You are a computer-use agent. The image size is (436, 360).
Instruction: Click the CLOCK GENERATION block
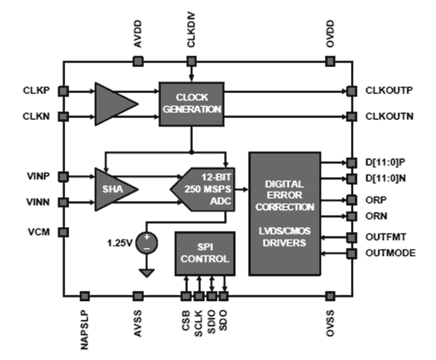pyautogui.click(x=191, y=104)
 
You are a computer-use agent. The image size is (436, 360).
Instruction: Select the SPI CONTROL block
pyautogui.click(x=205, y=254)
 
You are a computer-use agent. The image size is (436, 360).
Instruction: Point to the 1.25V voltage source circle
pyautogui.click(x=146, y=243)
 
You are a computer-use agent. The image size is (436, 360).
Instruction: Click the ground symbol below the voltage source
pyautogui.click(x=147, y=273)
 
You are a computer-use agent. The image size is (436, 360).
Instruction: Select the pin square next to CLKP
pyautogui.click(x=63, y=91)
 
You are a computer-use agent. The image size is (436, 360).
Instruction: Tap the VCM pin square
pyautogui.click(x=63, y=232)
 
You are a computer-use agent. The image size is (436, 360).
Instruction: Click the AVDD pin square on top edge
pyautogui.click(x=138, y=62)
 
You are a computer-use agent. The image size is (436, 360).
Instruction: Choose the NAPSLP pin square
pyautogui.click(x=85, y=296)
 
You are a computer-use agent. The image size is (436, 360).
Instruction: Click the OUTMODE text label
pyautogui.click(x=390, y=253)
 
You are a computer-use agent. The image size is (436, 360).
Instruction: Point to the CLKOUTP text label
pyautogui.click(x=389, y=91)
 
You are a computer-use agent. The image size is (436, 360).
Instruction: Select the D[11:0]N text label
pyautogui.click(x=386, y=178)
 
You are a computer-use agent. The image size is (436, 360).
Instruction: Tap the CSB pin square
pyautogui.click(x=186, y=296)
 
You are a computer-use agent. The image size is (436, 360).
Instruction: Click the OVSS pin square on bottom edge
pyautogui.click(x=330, y=296)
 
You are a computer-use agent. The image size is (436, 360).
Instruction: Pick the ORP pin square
pyautogui.click(x=352, y=200)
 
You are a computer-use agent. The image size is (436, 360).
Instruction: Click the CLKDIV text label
pyautogui.click(x=191, y=31)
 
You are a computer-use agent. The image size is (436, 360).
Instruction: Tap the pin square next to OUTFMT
pyautogui.click(x=352, y=238)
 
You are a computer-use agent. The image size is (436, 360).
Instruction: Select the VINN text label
pyautogui.click(x=38, y=202)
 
